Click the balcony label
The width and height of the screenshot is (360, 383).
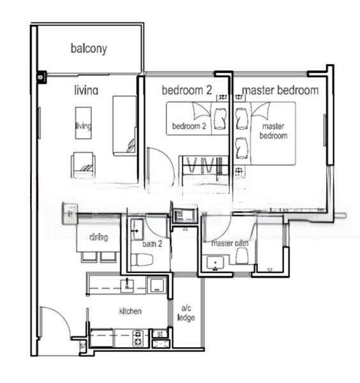tap(89, 49)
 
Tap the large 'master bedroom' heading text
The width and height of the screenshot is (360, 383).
tap(280, 90)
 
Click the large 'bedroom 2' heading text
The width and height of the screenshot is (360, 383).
tap(186, 90)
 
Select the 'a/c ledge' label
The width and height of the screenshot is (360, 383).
tap(186, 313)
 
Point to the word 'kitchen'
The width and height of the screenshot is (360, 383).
tap(130, 311)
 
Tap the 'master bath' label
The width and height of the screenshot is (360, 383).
tap(229, 243)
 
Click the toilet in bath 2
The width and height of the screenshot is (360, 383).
tap(142, 259)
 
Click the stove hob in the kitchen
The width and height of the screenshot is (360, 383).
tap(139, 338)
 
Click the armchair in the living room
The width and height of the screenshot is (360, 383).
tap(84, 165)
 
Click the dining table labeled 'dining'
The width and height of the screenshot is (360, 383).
tap(98, 238)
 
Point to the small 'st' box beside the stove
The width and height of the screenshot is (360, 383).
tap(159, 333)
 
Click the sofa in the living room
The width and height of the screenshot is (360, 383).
tap(124, 124)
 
